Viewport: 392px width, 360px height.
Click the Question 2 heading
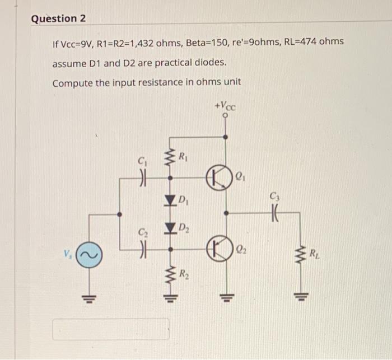59,19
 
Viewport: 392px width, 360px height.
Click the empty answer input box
111,329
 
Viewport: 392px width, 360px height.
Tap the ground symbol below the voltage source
88,296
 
